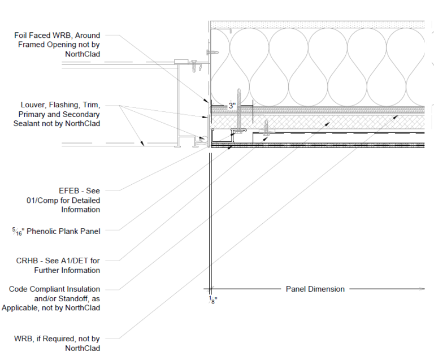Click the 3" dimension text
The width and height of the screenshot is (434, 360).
point(232,105)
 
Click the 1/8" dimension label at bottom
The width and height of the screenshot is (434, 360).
point(212,300)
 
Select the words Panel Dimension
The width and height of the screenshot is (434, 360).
point(315,289)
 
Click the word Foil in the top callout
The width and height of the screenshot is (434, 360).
point(21,36)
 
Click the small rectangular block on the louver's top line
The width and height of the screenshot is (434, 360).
point(181,60)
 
